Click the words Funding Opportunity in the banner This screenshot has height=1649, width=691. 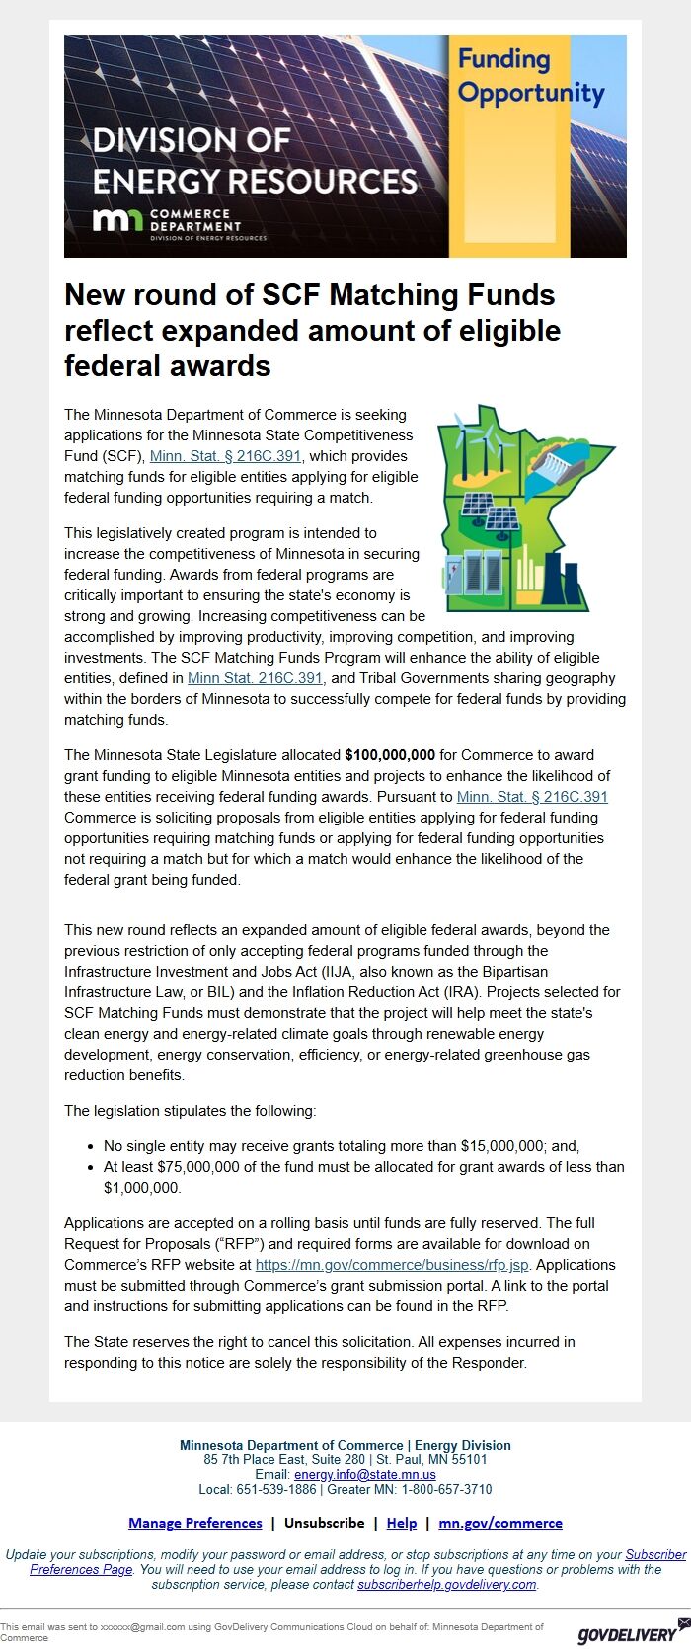pyautogui.click(x=531, y=76)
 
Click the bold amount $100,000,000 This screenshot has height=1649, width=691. pyautogui.click(x=390, y=755)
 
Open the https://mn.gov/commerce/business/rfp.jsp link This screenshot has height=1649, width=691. pyautogui.click(x=392, y=1265)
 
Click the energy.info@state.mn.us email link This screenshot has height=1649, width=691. pyautogui.click(x=365, y=1474)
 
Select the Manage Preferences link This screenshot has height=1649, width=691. pyautogui.click(x=195, y=1523)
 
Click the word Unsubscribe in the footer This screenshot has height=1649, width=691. pyautogui.click(x=324, y=1523)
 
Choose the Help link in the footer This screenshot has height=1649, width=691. pyautogui.click(x=401, y=1523)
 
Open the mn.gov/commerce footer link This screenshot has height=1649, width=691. pyautogui.click(x=500, y=1523)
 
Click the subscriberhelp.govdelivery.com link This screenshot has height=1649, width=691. pyautogui.click(x=446, y=1584)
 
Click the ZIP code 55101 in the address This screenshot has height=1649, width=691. pyautogui.click(x=468, y=1459)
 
